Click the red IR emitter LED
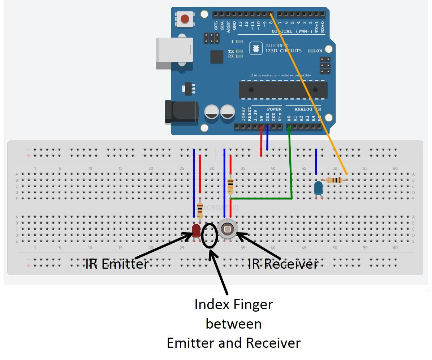pyautogui.click(x=196, y=230)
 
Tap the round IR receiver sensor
pyautogui.click(x=227, y=229)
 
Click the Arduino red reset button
pyautogui.click(x=185, y=19)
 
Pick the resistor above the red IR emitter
pyautogui.click(x=200, y=210)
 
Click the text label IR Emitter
pyautogui.click(x=117, y=264)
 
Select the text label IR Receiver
pyautogui.click(x=283, y=264)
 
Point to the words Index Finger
pyautogui.click(x=233, y=304)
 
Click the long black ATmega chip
pyautogui.click(x=283, y=90)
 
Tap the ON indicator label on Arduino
pyautogui.click(x=319, y=51)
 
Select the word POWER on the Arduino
pyautogui.click(x=274, y=109)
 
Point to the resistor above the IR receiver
pyautogui.click(x=230, y=186)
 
